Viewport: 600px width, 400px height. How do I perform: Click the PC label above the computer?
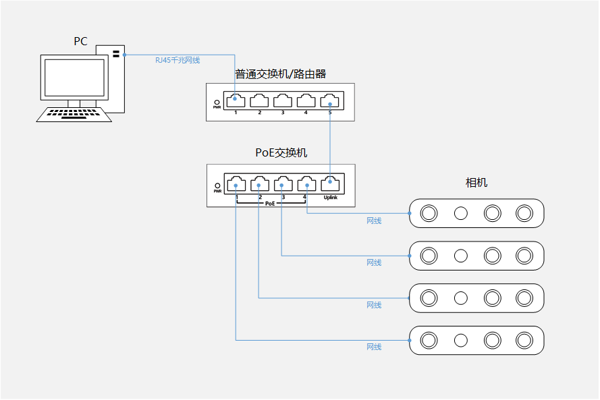pos(80,41)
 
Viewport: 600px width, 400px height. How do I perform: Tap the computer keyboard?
pos(74,115)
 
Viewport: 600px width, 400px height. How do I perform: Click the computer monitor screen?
pos(74,78)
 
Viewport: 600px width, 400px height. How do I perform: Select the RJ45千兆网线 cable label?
pos(178,60)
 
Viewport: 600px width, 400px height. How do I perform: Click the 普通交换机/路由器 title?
pos(281,74)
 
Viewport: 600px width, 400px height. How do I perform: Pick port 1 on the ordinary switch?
pos(236,101)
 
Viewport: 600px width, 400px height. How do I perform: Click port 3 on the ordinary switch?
pos(283,101)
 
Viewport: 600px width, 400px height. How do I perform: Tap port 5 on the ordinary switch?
pos(330,101)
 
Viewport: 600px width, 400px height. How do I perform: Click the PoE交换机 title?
pos(281,152)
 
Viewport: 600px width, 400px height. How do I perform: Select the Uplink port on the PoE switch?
pos(330,183)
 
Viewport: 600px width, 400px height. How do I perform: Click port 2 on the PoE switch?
pos(260,183)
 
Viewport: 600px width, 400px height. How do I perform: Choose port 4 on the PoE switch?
pos(307,183)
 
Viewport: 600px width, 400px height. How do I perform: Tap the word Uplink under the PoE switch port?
pos(331,198)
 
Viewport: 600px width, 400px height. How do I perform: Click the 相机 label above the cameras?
pos(476,182)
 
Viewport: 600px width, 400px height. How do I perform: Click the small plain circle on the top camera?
pos(461,213)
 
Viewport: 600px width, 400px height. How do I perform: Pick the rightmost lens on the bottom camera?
pos(524,341)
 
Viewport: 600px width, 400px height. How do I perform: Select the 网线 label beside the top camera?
pos(374,221)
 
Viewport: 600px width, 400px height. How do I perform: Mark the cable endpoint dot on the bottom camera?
pos(410,341)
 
